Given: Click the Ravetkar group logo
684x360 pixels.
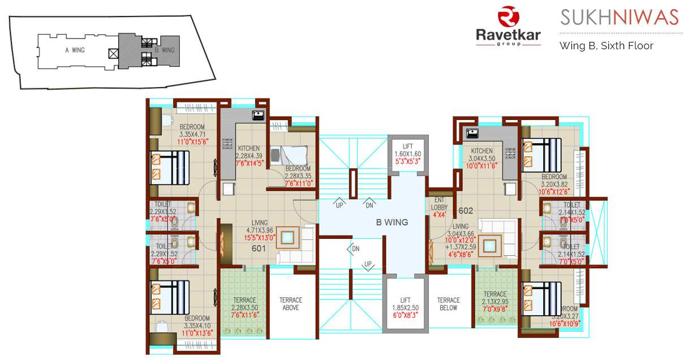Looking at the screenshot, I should point(507,26).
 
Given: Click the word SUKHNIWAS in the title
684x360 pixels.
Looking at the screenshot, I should point(619,18).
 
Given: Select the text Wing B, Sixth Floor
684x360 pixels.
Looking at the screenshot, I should point(606,46).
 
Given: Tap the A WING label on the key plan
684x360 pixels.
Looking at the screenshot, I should point(75,50).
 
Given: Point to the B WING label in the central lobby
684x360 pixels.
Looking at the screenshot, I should point(392,222).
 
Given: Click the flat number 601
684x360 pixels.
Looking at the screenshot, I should point(259,248).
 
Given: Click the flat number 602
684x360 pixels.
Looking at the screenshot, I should point(466,211).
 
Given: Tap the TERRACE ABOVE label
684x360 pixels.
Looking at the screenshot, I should point(291,304).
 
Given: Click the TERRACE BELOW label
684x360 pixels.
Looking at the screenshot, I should point(449,304).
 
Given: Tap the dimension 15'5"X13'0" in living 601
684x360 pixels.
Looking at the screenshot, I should point(259,238).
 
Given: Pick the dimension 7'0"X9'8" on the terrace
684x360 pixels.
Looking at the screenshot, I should point(494,310).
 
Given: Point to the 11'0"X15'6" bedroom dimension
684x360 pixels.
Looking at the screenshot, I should point(193,142).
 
